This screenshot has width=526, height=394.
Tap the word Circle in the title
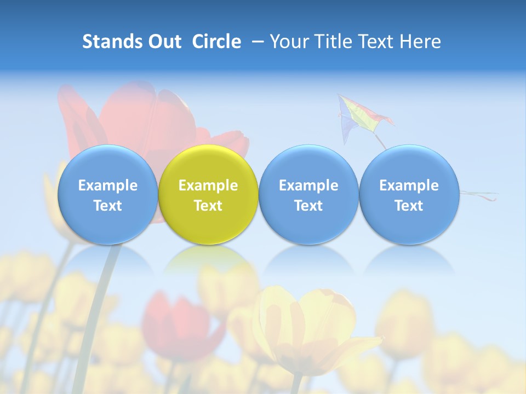coord(216,42)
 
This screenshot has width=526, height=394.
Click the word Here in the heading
coord(420,42)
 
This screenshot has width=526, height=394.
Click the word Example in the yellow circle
coord(208,186)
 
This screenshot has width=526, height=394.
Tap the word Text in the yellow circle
coord(208,206)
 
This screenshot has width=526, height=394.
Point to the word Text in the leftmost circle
coord(107,206)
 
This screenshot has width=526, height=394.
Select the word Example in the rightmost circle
coord(409,186)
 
